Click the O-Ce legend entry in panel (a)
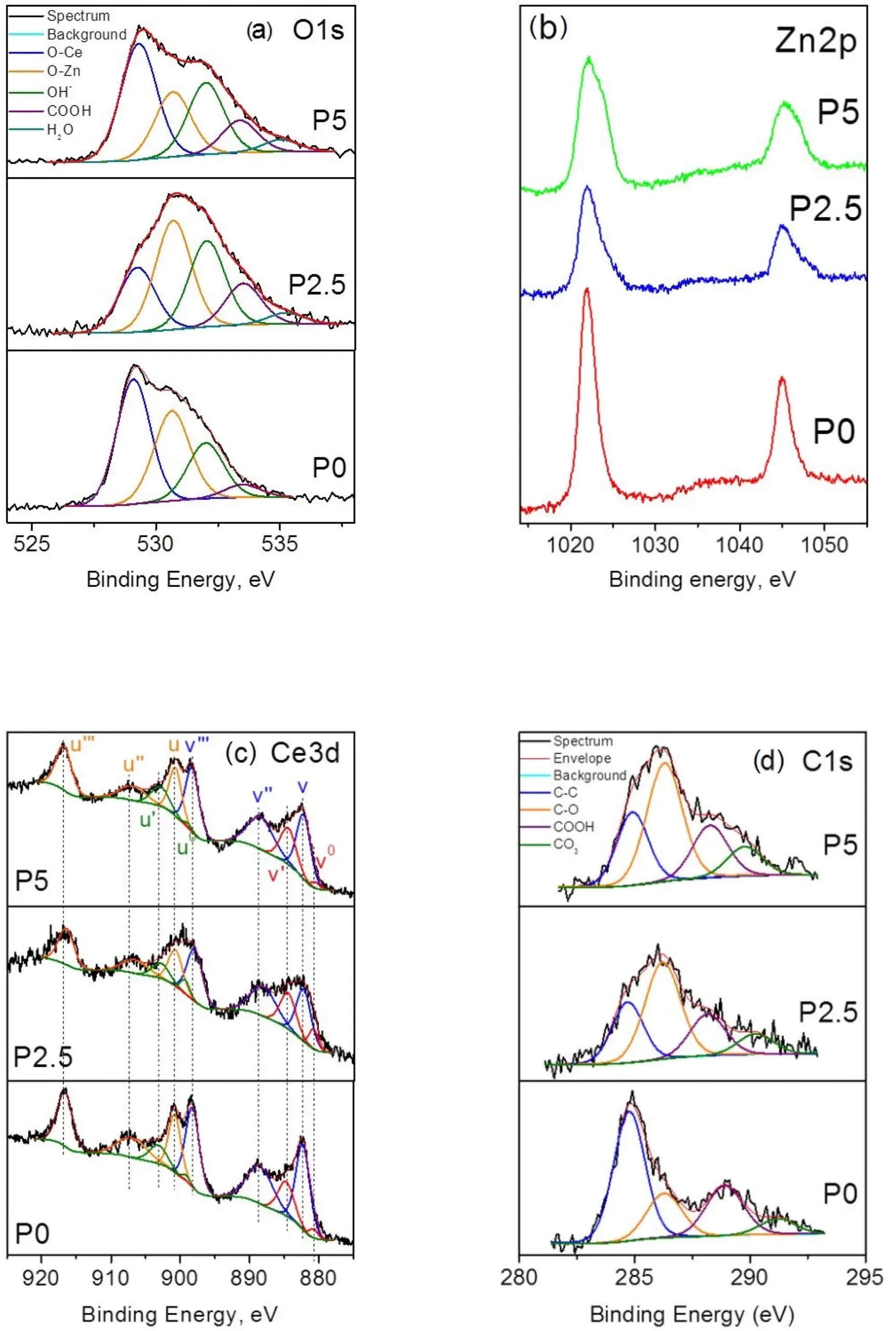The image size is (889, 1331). click(x=64, y=53)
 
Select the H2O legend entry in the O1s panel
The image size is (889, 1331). click(x=59, y=130)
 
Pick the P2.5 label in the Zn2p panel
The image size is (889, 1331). click(x=825, y=208)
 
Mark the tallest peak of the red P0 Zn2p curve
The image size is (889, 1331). click(x=587, y=290)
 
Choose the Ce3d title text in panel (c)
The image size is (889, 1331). click(x=305, y=753)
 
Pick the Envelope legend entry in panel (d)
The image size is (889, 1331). click(x=582, y=759)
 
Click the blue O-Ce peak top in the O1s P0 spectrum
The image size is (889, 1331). click(x=134, y=380)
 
